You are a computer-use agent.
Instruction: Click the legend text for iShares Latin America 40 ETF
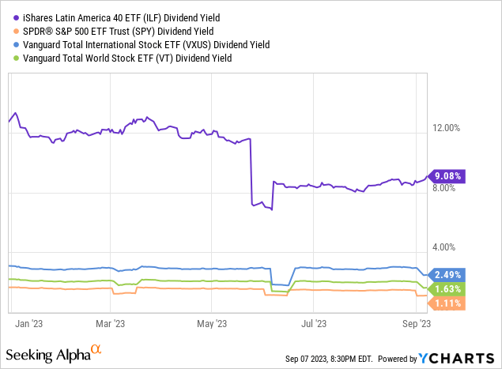pyautogui.click(x=116, y=16)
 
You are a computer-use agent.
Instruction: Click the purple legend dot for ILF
pyautogui.click(x=7, y=16)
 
